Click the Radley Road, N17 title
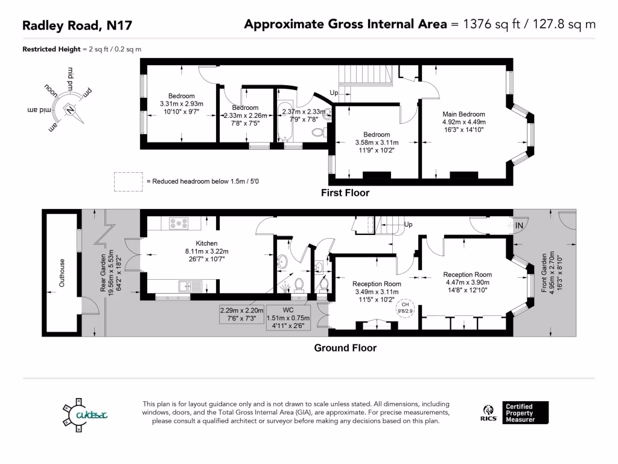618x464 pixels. (77, 25)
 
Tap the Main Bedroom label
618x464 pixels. (463, 114)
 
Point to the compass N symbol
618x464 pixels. (71, 109)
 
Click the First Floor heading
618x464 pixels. (345, 193)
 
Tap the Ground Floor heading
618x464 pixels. (345, 348)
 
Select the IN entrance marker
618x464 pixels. (520, 226)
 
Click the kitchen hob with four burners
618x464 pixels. (179, 223)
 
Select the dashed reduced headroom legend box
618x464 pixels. (127, 181)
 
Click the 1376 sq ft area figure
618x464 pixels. (485, 25)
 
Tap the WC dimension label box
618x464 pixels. (288, 318)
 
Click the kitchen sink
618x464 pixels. (186, 286)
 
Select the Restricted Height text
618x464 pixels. (51, 49)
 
